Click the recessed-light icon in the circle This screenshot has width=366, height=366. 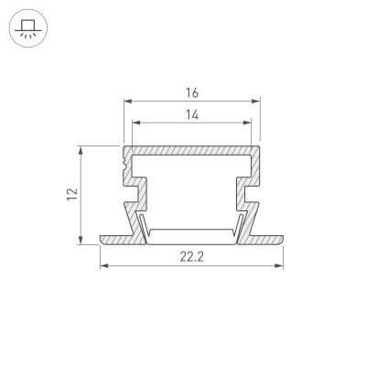point(27,27)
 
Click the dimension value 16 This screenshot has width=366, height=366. point(191,92)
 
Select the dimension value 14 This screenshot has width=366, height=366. point(191,115)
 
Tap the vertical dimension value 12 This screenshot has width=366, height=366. point(70,193)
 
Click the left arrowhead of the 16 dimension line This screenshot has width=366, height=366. point(126,102)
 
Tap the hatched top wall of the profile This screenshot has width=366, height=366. point(191,149)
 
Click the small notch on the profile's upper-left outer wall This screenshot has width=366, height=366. point(124,164)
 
